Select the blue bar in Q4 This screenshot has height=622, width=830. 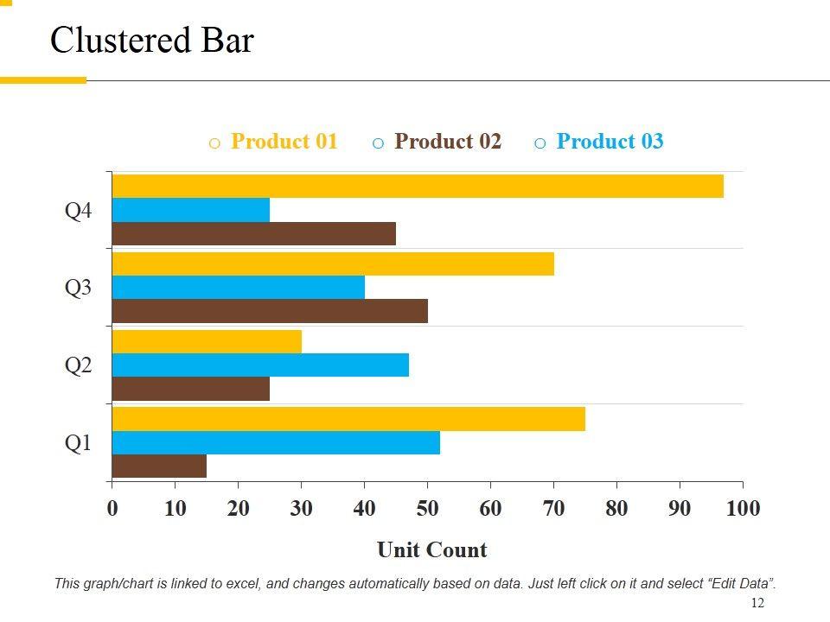click(191, 210)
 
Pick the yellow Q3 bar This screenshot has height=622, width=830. click(333, 263)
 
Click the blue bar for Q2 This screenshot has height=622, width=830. click(260, 365)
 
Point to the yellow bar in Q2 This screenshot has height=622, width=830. click(207, 341)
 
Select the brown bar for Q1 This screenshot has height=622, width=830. click(159, 466)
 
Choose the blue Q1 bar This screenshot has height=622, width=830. click(276, 442)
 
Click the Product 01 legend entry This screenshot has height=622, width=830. click(284, 142)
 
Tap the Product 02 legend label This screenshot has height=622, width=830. click(447, 142)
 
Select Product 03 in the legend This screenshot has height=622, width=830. click(610, 142)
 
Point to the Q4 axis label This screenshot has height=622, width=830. click(78, 211)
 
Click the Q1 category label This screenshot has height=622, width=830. click(78, 443)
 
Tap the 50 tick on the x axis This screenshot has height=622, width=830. click(427, 508)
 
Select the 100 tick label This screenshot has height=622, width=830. click(743, 508)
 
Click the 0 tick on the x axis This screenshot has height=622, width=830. click(112, 508)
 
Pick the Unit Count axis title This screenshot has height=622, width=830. click(431, 549)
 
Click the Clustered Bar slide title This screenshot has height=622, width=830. click(152, 41)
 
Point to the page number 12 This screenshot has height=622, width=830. click(757, 603)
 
